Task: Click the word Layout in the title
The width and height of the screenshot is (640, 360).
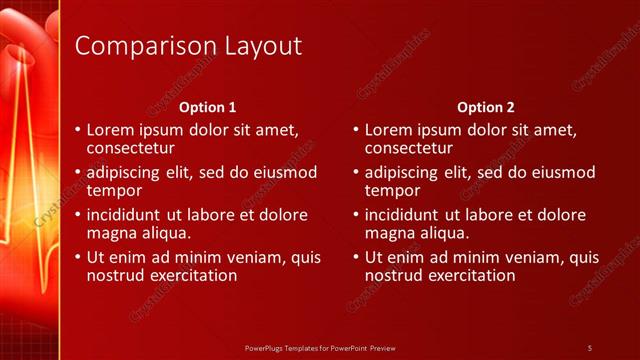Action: click(x=254, y=46)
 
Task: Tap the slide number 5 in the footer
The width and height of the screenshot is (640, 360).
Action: click(x=590, y=347)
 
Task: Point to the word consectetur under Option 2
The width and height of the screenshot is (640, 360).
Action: click(x=410, y=148)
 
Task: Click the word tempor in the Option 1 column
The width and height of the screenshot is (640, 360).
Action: click(x=114, y=190)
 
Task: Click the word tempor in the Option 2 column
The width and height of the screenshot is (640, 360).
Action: click(x=392, y=190)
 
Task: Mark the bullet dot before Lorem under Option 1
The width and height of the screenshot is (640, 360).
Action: click(x=78, y=131)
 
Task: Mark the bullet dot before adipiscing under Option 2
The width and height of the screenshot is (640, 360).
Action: click(x=356, y=173)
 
